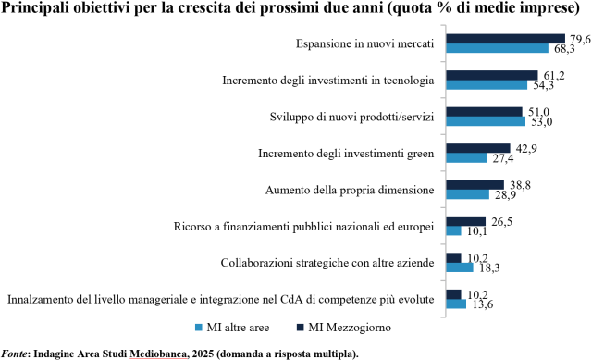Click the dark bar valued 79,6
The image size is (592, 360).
click(x=506, y=39)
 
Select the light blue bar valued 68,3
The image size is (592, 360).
click(x=498, y=48)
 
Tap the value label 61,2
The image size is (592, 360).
click(x=554, y=76)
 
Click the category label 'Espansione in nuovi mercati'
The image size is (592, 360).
click(x=364, y=43)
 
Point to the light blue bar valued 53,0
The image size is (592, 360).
click(x=486, y=121)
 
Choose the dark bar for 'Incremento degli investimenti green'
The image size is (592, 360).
click(x=478, y=148)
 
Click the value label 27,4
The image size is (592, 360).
click(x=503, y=158)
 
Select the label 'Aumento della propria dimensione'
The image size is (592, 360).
click(x=350, y=190)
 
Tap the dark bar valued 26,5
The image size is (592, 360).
click(x=466, y=221)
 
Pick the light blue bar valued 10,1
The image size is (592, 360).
click(x=453, y=230)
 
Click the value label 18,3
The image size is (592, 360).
click(x=489, y=268)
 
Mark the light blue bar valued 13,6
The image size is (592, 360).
click(x=456, y=304)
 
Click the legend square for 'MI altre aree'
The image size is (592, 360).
click(x=199, y=328)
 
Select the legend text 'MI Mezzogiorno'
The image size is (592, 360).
click(x=350, y=327)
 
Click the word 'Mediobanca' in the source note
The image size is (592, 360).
click(x=158, y=354)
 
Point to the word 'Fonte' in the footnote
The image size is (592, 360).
click(x=14, y=354)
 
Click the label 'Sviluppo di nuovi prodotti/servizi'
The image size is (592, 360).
click(x=351, y=118)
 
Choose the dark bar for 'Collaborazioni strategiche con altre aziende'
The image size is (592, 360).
click(x=453, y=258)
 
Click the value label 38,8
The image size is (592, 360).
click(x=521, y=185)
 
